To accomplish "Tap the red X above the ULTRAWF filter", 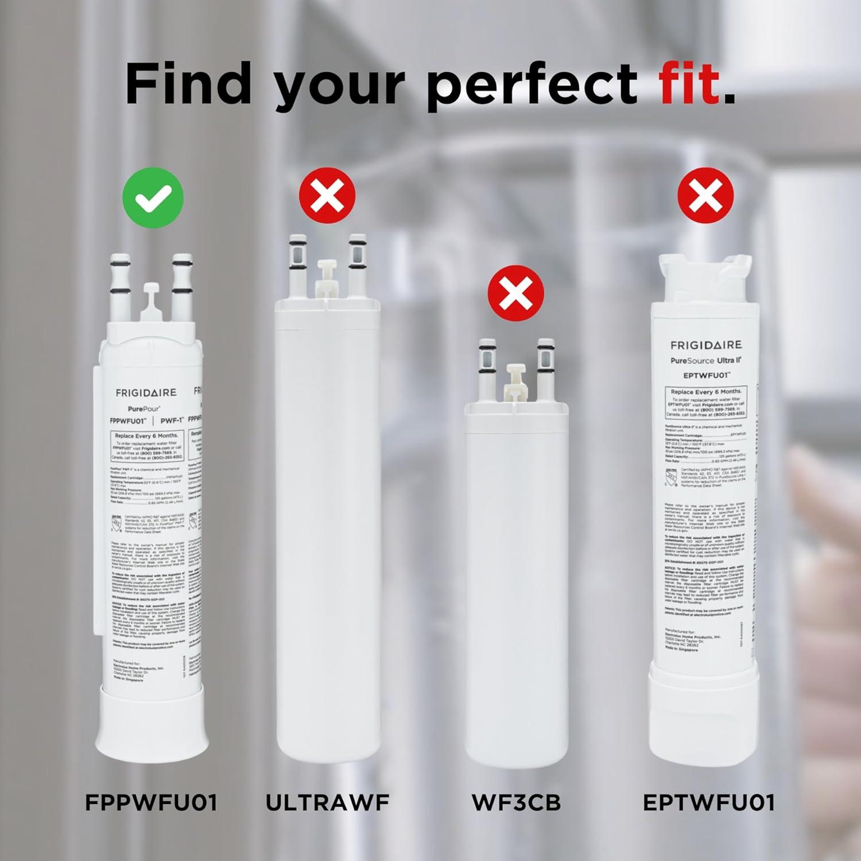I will click(x=327, y=196).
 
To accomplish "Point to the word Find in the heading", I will click(x=188, y=84).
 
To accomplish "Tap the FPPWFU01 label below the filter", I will click(x=152, y=802).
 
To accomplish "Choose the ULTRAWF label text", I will click(x=327, y=802).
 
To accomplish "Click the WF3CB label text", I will click(x=516, y=802).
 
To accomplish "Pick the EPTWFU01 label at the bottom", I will click(x=708, y=802).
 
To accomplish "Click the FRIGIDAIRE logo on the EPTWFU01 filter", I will click(x=706, y=345).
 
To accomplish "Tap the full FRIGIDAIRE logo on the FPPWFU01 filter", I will click(x=146, y=393).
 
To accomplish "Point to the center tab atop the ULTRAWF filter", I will click(x=327, y=274).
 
